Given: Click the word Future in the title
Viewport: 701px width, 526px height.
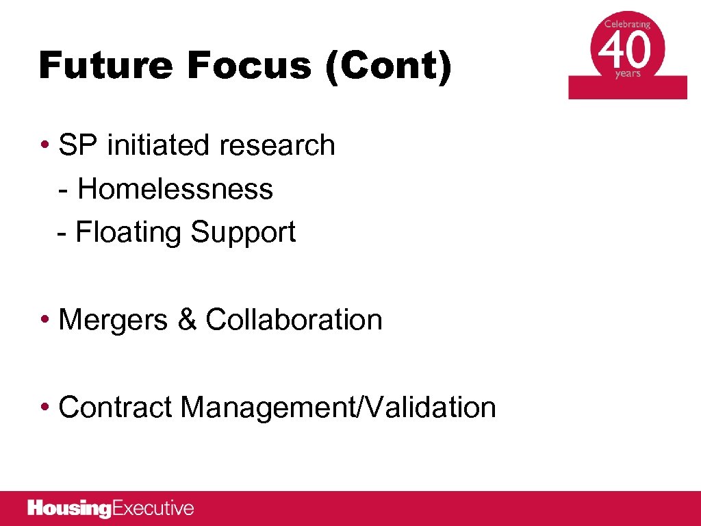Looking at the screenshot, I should coord(106,66).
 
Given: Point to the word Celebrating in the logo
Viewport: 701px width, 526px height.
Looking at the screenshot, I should coord(627,23).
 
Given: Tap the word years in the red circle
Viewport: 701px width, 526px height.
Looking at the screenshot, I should coord(628,74).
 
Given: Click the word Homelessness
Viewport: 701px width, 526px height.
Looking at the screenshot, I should coord(175,188).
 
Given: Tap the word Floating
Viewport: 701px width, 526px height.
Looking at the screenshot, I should coord(129,232).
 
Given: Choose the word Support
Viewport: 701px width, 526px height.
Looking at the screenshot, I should coord(243,232).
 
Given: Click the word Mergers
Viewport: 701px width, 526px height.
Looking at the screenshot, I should coord(113,320).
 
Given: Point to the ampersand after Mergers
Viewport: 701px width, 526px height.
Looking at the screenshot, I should coord(186,320).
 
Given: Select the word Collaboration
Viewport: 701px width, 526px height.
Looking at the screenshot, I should coord(294,320).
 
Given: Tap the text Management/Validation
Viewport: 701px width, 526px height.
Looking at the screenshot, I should coord(338,408).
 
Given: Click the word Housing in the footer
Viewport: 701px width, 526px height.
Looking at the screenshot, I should coord(69,509).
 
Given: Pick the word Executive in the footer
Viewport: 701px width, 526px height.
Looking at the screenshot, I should coord(153,508).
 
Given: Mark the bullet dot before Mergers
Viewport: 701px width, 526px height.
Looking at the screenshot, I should coord(44,320).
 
